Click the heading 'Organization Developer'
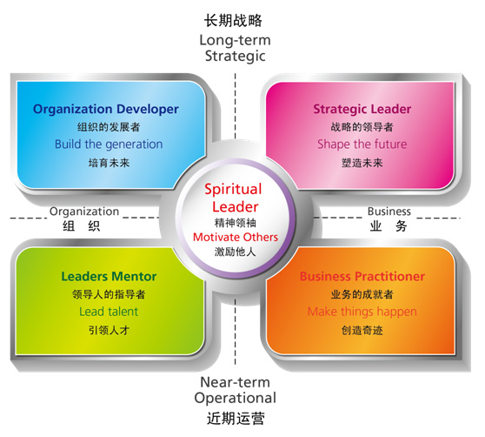click(x=106, y=110)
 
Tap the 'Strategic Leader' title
click(x=362, y=110)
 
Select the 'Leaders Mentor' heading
click(x=109, y=276)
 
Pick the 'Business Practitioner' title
click(x=362, y=276)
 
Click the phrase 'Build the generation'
click(x=109, y=145)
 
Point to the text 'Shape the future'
click(x=362, y=145)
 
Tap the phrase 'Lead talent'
click(x=109, y=312)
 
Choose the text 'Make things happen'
click(x=362, y=313)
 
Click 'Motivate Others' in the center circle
click(x=236, y=238)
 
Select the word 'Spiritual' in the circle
click(x=233, y=190)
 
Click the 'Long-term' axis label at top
click(x=235, y=40)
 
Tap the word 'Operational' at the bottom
click(x=235, y=399)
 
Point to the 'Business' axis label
click(x=389, y=212)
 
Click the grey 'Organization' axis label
click(x=84, y=212)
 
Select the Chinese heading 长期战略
click(x=233, y=21)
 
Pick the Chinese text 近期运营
click(x=236, y=419)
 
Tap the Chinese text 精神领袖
click(x=236, y=223)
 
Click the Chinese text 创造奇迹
click(x=362, y=331)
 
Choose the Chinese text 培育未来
click(x=109, y=163)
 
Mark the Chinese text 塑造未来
click(x=362, y=163)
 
